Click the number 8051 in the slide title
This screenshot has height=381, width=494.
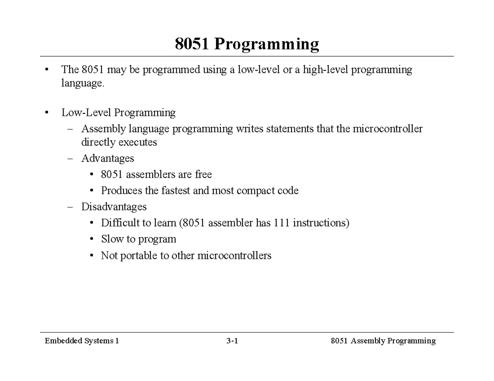(x=191, y=44)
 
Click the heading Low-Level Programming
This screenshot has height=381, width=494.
(x=119, y=113)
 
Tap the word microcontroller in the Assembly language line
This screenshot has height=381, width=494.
(x=390, y=129)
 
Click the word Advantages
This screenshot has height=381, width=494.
(x=107, y=158)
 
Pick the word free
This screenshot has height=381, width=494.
(x=203, y=175)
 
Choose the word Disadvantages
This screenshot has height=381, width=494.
(x=114, y=206)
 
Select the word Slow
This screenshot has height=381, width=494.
(x=112, y=239)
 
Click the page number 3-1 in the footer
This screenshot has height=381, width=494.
(x=232, y=341)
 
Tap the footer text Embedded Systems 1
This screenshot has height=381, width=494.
(x=82, y=341)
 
